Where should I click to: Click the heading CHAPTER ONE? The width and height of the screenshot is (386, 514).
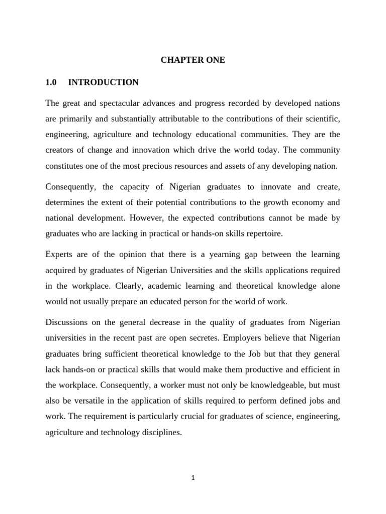[193, 60]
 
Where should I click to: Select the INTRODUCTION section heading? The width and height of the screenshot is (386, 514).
[103, 82]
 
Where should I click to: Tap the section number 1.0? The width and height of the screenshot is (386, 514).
[51, 82]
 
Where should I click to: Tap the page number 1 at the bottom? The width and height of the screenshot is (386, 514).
[193, 477]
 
